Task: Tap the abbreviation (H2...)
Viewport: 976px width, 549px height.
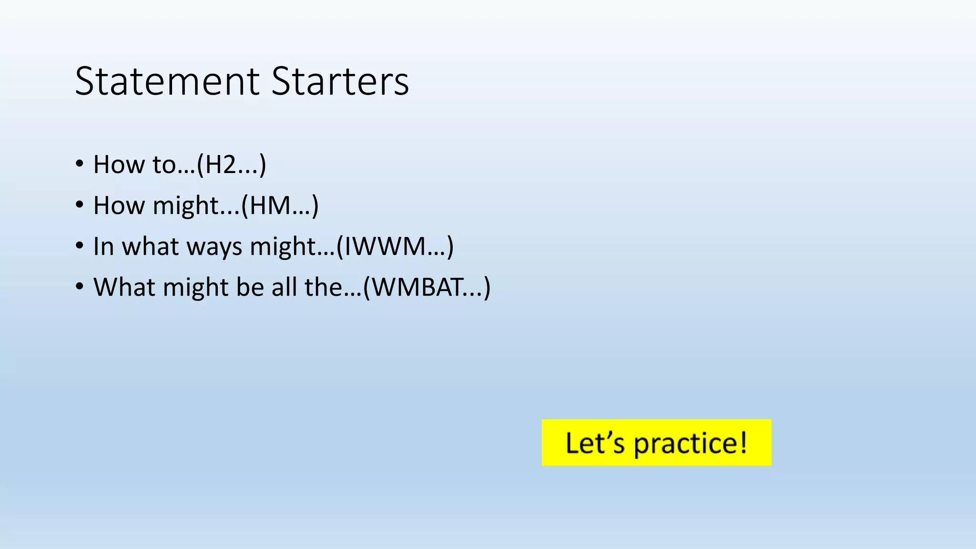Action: point(232,164)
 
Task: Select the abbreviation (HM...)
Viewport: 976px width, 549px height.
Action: point(280,205)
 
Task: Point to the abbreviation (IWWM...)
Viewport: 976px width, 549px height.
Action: point(395,246)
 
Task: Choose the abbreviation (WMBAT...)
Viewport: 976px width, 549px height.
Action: point(427,287)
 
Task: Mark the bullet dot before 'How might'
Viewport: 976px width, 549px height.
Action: point(80,205)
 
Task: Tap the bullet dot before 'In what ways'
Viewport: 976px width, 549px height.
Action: point(80,246)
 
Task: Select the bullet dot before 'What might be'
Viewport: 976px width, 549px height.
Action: point(80,287)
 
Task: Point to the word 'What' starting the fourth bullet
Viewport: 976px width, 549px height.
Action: point(124,287)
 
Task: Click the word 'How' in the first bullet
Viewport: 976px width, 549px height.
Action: point(119,164)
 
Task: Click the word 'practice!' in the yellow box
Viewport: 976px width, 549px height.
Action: point(690,443)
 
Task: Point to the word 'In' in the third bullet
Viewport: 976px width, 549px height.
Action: point(103,246)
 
